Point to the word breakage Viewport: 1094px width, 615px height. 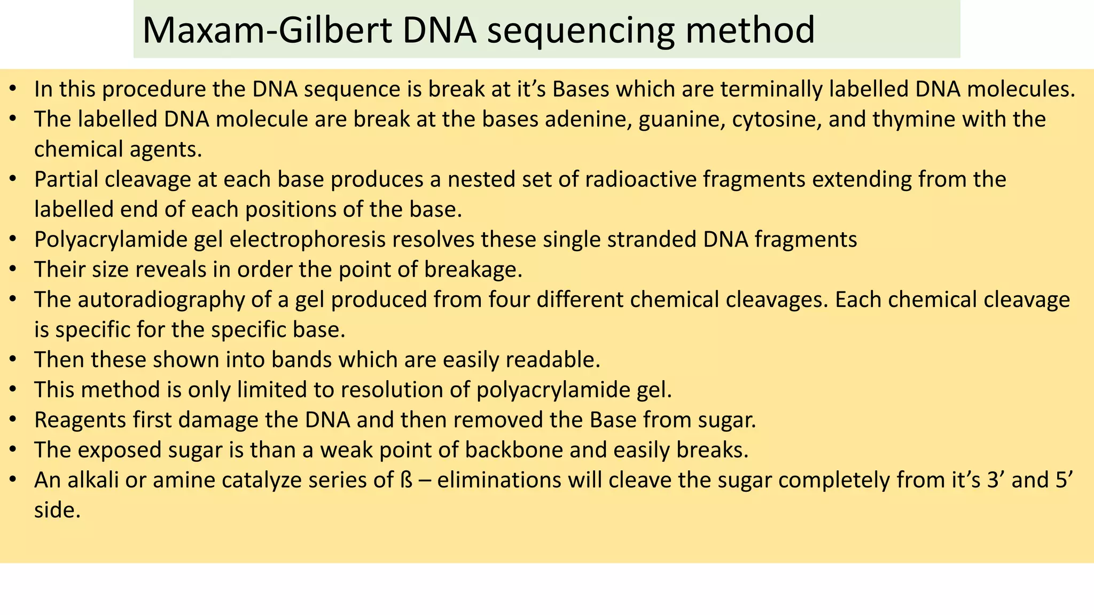click(473, 270)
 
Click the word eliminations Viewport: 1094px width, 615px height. click(499, 480)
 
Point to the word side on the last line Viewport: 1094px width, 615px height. click(57, 510)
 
